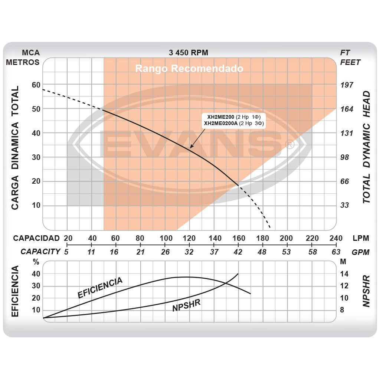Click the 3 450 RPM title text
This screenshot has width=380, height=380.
pos(188,53)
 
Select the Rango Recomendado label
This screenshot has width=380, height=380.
pos(189,69)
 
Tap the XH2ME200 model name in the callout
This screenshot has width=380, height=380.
pos(220,117)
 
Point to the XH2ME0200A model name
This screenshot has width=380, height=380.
pos(221,123)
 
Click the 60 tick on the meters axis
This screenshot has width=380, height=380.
pos(36,85)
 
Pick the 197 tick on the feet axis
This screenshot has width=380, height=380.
pos(347,85)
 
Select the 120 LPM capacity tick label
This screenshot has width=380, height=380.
pos(189,238)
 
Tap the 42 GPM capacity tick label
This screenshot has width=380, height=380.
pos(238,252)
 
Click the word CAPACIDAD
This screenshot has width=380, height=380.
pos(36,238)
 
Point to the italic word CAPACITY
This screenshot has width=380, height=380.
pos(40,252)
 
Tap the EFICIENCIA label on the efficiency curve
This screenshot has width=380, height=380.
pos(100,288)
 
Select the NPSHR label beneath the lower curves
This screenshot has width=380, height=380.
pos(186,305)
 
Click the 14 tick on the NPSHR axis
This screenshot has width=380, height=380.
pos(344,274)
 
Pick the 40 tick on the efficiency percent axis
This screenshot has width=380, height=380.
pos(36,274)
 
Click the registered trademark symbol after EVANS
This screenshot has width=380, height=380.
pos(291,145)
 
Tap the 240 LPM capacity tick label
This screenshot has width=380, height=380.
pos(335,238)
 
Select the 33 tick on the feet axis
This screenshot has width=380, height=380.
pos(345,205)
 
